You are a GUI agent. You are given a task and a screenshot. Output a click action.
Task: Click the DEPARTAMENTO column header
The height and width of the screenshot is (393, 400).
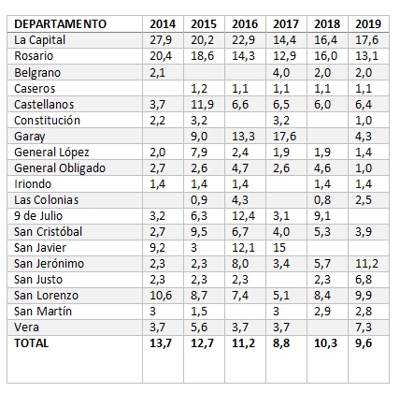(61, 24)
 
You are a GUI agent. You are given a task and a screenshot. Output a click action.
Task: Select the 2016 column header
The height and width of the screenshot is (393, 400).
(245, 24)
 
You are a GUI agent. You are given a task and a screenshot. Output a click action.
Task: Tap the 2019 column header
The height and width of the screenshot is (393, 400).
(368, 24)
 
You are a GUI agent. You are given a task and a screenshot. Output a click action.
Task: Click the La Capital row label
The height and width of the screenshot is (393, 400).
(39, 40)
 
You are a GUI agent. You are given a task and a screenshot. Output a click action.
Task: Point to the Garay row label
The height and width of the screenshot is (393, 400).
(30, 137)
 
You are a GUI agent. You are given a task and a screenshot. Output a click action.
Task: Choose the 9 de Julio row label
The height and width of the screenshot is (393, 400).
(38, 215)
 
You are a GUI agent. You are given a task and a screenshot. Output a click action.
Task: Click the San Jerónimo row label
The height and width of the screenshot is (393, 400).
(49, 263)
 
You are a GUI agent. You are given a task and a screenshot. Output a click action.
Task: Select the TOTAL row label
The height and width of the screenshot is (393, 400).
(31, 343)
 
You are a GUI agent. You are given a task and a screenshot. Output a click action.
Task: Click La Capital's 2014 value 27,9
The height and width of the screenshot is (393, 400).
(161, 40)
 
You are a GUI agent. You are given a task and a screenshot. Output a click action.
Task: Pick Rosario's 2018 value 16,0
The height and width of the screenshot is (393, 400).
(325, 56)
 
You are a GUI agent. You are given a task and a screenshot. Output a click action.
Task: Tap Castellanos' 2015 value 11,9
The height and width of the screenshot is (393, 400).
(202, 104)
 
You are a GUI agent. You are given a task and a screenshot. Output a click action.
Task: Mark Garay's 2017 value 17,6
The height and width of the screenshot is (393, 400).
(284, 137)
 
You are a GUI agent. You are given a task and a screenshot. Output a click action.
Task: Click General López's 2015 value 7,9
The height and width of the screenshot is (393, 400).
(199, 153)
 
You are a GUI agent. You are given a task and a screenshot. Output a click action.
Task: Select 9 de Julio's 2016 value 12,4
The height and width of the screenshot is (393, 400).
(243, 215)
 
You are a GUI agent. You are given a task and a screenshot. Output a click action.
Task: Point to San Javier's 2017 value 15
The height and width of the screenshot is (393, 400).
(279, 248)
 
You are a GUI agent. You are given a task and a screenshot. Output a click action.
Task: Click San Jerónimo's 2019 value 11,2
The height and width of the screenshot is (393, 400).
(366, 263)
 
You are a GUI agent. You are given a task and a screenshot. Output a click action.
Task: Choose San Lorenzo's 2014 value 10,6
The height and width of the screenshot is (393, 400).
(161, 296)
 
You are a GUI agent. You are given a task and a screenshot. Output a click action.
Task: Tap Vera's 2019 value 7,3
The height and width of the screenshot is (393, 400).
(364, 327)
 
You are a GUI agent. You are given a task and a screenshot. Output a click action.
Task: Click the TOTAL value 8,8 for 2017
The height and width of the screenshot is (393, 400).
(281, 343)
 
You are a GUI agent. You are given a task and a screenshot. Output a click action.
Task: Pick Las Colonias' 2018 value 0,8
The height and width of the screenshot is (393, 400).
(322, 200)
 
